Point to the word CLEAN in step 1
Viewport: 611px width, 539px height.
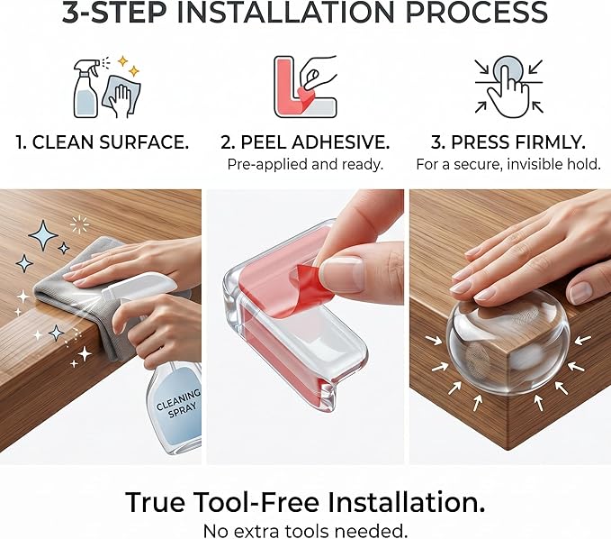tap(63, 142)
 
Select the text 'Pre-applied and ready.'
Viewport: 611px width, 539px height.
tap(305, 164)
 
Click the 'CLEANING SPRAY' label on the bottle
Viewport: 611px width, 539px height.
tap(179, 404)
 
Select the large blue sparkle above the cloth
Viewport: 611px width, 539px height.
tap(43, 235)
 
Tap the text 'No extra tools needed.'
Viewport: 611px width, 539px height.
tap(305, 531)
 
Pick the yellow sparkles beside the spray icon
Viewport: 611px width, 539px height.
tap(129, 66)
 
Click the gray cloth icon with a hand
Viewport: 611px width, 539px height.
tap(121, 96)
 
